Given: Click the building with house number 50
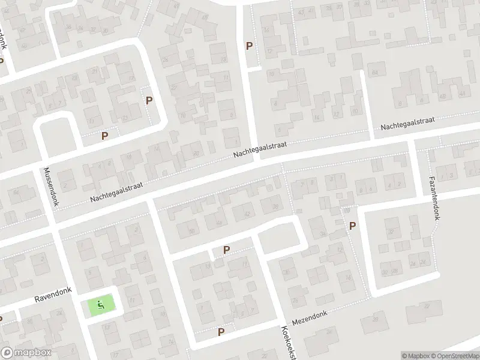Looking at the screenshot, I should click(x=192, y=231).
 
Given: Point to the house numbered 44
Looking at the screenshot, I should click(x=461, y=94).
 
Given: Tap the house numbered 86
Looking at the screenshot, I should click(x=16, y=192).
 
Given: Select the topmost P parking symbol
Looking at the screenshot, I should click(x=249, y=46).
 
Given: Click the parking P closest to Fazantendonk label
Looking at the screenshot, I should click(x=352, y=226).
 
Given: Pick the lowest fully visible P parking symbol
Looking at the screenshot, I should click(x=221, y=331).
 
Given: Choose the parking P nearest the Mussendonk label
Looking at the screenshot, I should click(x=105, y=136).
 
